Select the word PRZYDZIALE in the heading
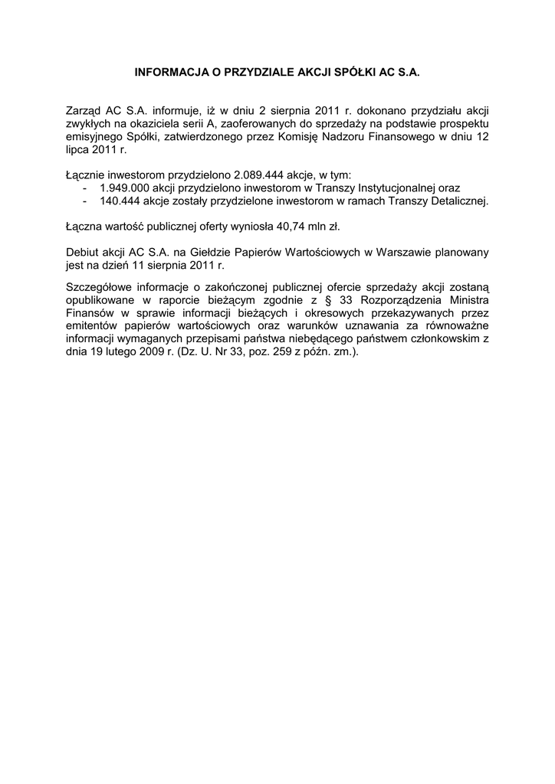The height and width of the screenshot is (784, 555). point(257,73)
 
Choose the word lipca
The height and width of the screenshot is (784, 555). point(77,150)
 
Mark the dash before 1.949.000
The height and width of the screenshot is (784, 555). point(84,188)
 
